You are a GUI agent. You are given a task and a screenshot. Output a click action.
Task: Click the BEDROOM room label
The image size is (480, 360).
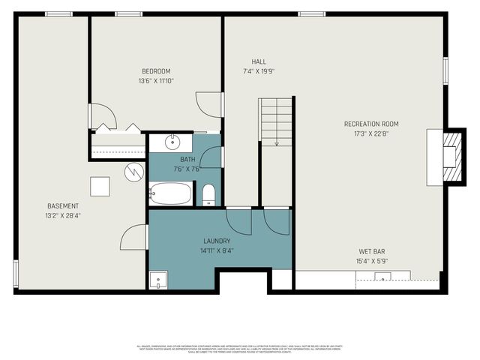(x=156, y=70)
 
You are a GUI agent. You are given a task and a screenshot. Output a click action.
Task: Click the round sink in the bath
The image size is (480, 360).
(x=172, y=141)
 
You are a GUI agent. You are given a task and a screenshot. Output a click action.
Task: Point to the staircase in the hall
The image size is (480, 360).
(x=276, y=122)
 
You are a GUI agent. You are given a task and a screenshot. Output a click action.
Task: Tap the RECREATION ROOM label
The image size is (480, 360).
(x=371, y=124)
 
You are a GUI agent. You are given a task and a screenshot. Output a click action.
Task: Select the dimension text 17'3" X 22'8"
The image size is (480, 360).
(x=371, y=135)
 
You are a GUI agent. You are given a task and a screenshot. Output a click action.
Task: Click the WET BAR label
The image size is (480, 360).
(x=372, y=251)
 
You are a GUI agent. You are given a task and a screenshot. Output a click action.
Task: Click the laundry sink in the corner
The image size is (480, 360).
(x=157, y=280)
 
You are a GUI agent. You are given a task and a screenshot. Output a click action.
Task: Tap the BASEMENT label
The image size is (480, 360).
(x=63, y=206)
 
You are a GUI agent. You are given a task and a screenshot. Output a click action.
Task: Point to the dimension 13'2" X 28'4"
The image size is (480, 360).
(x=63, y=217)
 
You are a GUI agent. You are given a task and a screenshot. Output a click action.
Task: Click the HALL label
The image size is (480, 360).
(x=259, y=61)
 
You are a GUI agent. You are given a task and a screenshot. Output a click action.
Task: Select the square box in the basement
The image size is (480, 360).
(x=100, y=186)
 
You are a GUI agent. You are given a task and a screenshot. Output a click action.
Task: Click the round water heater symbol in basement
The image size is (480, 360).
(x=133, y=172)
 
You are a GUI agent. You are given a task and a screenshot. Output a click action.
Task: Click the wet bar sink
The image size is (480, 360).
(x=382, y=278)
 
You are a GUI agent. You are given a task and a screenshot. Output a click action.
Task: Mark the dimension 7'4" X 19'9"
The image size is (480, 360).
(x=259, y=72)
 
